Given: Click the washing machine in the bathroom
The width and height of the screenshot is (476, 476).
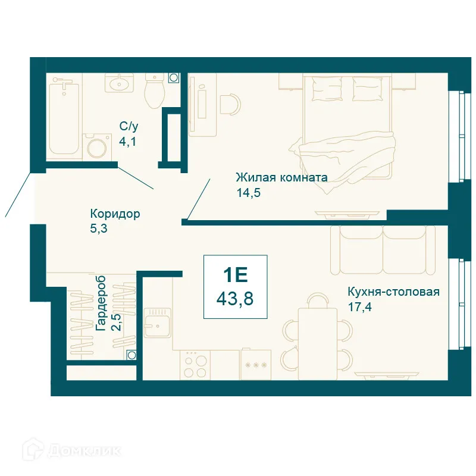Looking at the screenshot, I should [x=98, y=146].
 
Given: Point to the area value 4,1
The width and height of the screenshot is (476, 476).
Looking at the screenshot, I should [x=127, y=142].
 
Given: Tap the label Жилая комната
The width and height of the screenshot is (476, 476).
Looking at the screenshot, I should [x=281, y=177].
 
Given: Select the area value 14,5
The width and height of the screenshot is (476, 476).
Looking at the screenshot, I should [x=249, y=192].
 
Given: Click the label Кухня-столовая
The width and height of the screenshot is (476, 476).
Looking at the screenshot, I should [x=393, y=292].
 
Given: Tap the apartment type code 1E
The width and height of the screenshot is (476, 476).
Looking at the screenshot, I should [x=235, y=274].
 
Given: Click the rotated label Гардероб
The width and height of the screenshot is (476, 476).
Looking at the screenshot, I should [x=101, y=303].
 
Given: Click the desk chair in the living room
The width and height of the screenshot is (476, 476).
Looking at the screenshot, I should [x=230, y=107].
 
